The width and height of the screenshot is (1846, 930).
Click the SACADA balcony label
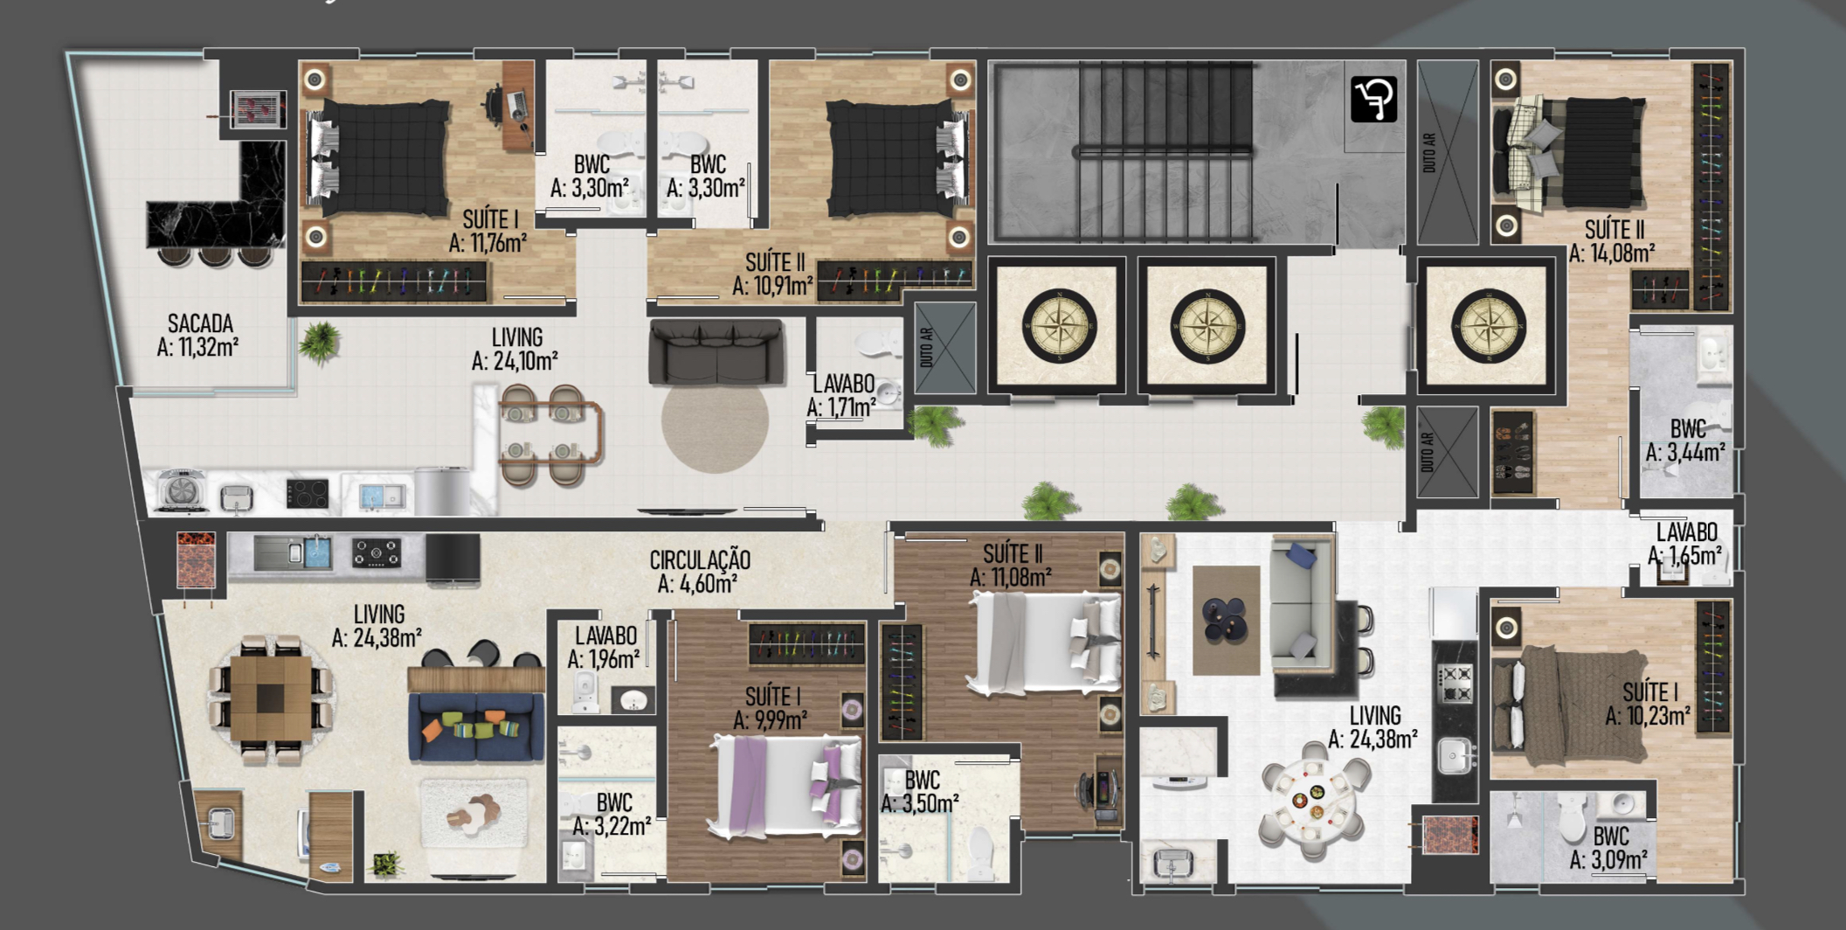199,336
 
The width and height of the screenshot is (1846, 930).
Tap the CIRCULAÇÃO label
699,572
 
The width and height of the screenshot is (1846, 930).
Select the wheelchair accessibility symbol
1373,99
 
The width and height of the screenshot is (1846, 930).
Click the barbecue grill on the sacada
259,110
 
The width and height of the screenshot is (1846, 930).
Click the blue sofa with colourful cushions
475,725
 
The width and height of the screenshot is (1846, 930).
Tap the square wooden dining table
271,697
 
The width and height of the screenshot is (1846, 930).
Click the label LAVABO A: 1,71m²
842,396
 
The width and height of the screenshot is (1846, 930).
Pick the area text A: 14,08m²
1612,253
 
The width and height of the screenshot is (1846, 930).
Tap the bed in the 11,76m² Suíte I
379,157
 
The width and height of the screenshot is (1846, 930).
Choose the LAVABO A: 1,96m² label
605,648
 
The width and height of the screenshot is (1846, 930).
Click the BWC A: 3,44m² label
1686,441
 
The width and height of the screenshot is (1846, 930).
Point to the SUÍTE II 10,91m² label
773,274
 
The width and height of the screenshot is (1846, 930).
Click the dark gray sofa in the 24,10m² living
716,351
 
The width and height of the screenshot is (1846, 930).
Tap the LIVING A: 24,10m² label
515,349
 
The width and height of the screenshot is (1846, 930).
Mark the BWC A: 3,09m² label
1609,848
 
